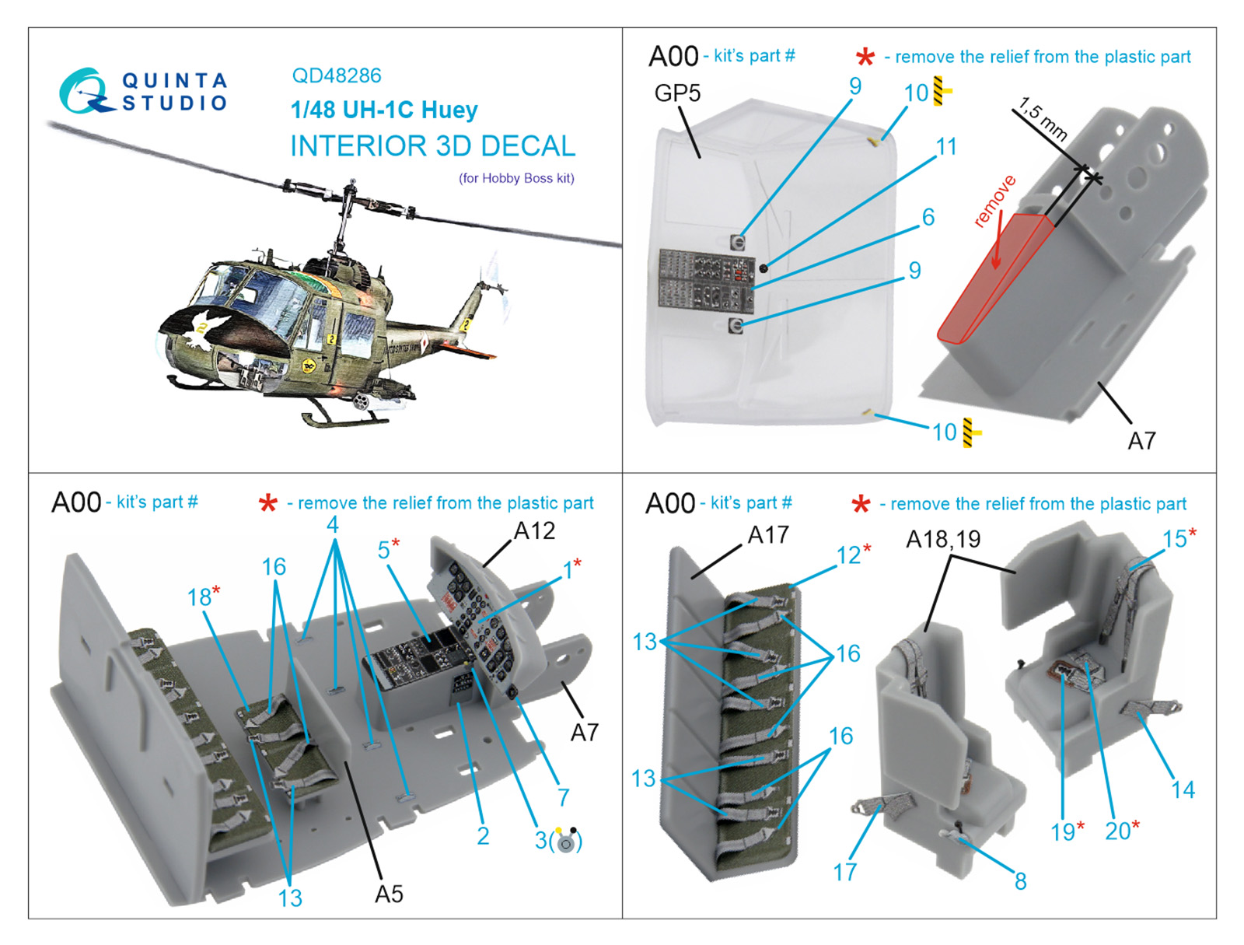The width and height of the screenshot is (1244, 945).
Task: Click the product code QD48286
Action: tap(336, 75)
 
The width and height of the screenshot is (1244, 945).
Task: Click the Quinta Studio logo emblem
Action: tap(84, 91)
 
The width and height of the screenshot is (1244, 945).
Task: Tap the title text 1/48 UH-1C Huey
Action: tap(384, 110)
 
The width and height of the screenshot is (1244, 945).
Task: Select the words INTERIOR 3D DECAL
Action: tap(432, 146)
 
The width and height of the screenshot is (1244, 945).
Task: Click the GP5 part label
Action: tap(677, 93)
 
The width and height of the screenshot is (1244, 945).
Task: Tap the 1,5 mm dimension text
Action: tap(1043, 119)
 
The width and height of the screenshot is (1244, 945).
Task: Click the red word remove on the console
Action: tap(994, 201)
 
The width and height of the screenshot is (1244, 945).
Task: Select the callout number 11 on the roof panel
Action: tap(946, 146)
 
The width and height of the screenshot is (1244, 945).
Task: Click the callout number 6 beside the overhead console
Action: tap(928, 217)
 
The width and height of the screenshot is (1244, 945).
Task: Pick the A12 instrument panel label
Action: tap(534, 531)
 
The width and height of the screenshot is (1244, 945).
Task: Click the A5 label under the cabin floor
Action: tap(389, 894)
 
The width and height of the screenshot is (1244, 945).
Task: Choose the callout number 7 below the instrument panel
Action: tap(563, 797)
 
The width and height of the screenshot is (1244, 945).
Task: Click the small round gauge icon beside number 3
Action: tap(567, 842)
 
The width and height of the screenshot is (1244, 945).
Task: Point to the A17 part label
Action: tap(767, 535)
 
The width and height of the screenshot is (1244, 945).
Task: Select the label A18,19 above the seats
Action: tap(943, 539)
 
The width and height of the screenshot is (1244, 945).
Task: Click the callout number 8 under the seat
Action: tap(1020, 881)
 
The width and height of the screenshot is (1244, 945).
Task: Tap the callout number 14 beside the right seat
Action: tap(1183, 790)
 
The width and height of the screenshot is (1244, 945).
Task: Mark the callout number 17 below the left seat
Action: tap(844, 872)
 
